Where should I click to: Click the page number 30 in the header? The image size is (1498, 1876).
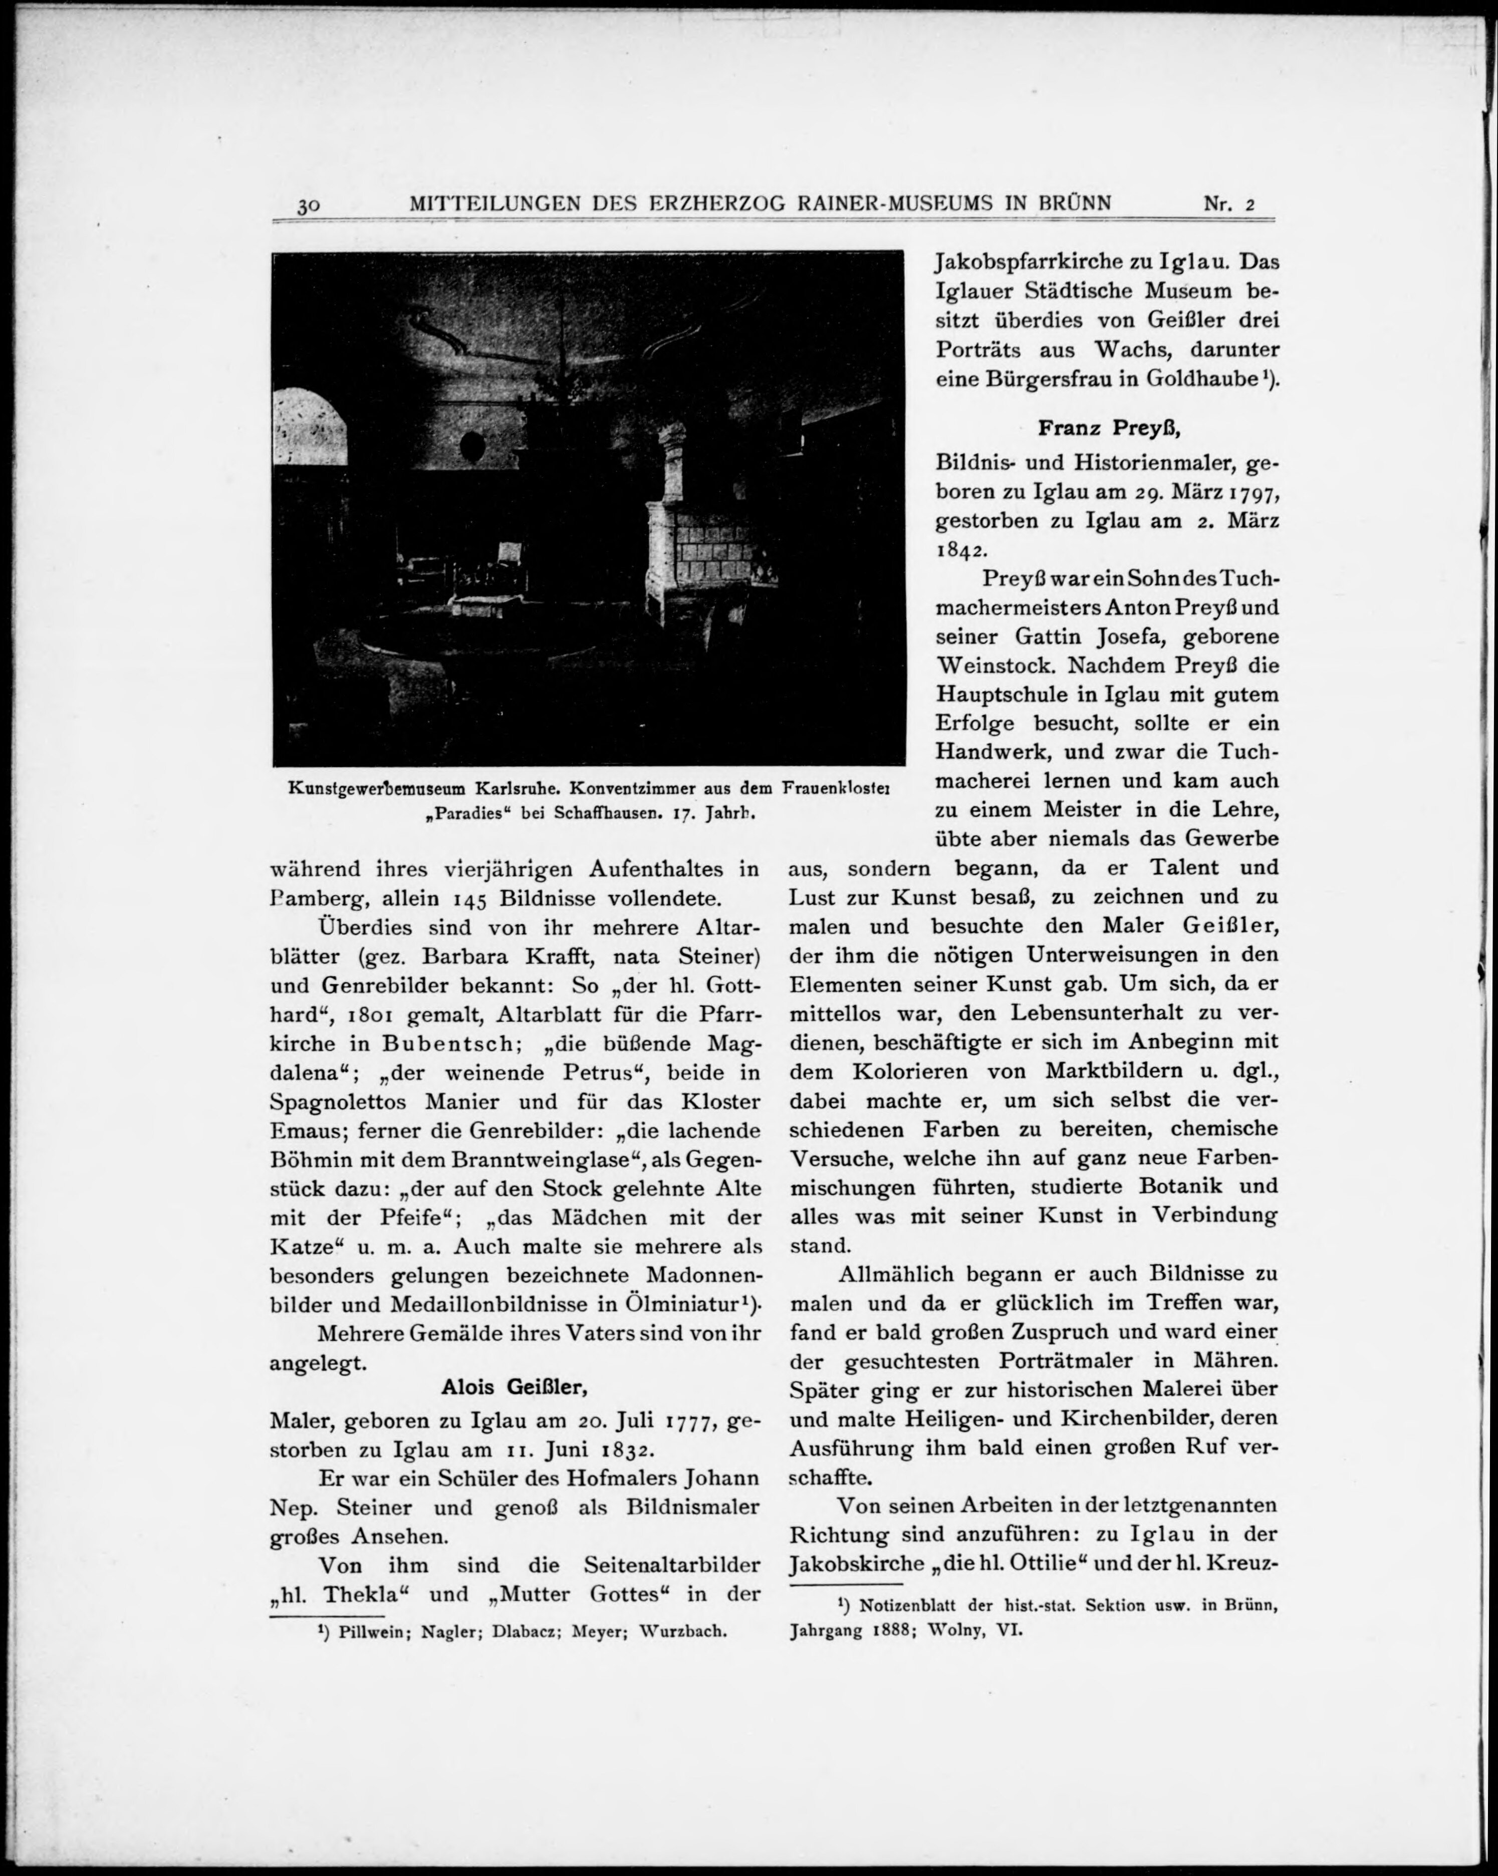click(309, 206)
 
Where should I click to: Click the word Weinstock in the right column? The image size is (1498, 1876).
click(994, 666)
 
